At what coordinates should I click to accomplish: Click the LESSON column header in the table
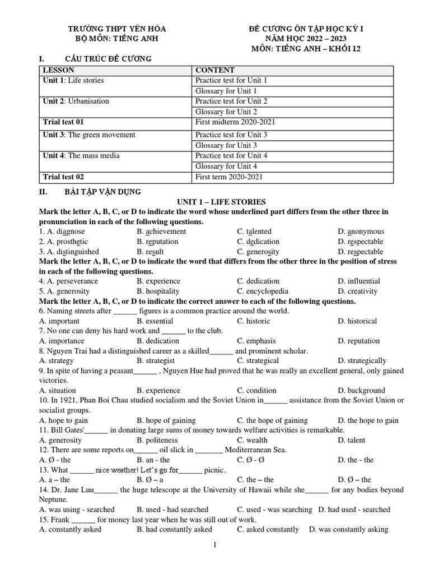[x=58, y=70]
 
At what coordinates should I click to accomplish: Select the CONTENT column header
[x=214, y=70]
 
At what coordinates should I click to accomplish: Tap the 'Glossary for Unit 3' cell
[x=226, y=145]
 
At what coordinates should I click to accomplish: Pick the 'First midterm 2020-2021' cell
[x=235, y=122]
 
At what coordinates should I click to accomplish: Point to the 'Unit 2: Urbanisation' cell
[x=76, y=101]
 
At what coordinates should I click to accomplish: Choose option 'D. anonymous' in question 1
[x=361, y=232]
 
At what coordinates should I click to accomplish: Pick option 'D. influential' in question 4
[x=358, y=281]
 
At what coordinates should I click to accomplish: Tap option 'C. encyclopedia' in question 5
[x=263, y=291]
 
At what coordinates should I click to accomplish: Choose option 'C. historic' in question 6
[x=253, y=321]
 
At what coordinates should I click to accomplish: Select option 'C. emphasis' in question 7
[x=256, y=341]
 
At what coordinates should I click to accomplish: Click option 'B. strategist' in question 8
[x=155, y=361]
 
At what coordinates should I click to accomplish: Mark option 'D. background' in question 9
[x=361, y=390]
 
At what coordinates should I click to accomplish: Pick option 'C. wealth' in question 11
[x=252, y=440]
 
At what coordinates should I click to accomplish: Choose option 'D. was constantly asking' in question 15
[x=348, y=529]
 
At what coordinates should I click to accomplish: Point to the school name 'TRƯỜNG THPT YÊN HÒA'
[x=117, y=29]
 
